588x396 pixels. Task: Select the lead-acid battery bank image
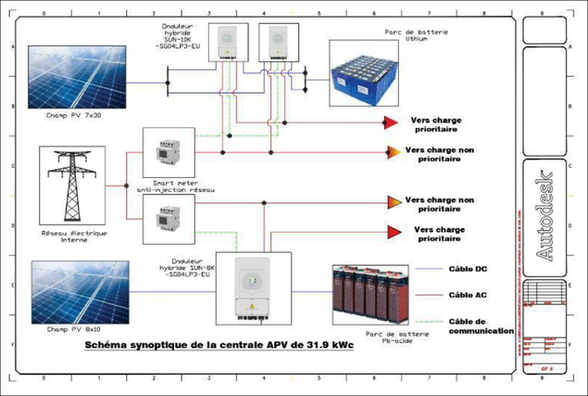click(376, 290)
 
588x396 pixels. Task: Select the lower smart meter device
click(167, 222)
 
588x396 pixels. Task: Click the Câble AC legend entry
click(469, 295)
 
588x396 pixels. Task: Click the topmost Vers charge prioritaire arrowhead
click(392, 122)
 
